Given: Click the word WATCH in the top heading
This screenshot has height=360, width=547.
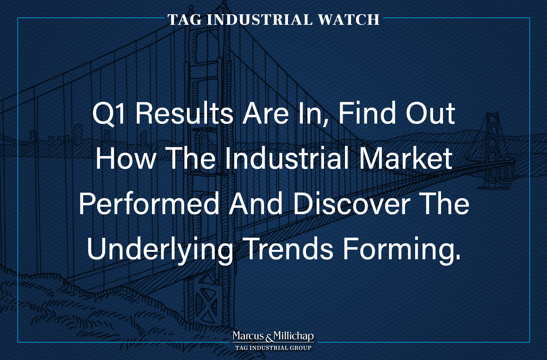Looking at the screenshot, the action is pyautogui.click(x=349, y=20).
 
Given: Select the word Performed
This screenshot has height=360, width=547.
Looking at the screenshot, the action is pyautogui.click(x=149, y=204).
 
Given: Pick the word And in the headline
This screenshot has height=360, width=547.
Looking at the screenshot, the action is pyautogui.click(x=256, y=204).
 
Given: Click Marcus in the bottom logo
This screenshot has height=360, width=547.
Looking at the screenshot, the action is pyautogui.click(x=248, y=336).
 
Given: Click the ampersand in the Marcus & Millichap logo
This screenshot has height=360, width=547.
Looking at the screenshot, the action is pyautogui.click(x=269, y=338).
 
